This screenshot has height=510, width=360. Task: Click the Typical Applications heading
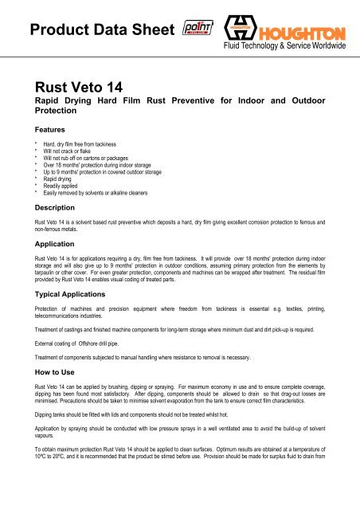pos(84,294)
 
